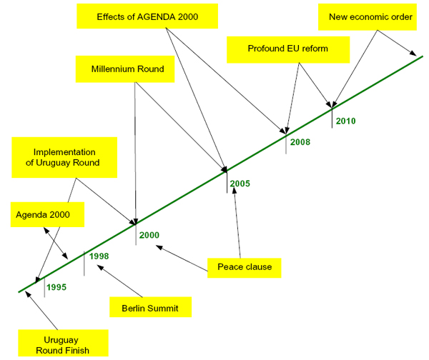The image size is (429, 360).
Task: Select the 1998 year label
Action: pyautogui.click(x=99, y=256)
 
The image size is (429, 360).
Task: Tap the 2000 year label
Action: pyautogui.click(x=149, y=235)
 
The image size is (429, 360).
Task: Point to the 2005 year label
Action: pyautogui.click(x=240, y=184)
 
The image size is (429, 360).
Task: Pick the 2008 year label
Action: pyautogui.click(x=300, y=143)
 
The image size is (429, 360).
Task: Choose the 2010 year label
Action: pyautogui.click(x=345, y=121)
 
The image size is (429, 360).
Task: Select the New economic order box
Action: pyautogui.click(x=370, y=16)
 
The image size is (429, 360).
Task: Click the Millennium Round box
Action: pyautogui.click(x=129, y=70)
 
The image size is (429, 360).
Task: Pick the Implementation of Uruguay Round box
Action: pyautogui.click(x=65, y=157)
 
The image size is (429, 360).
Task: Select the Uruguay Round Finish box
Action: pyautogui.click(x=64, y=344)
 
